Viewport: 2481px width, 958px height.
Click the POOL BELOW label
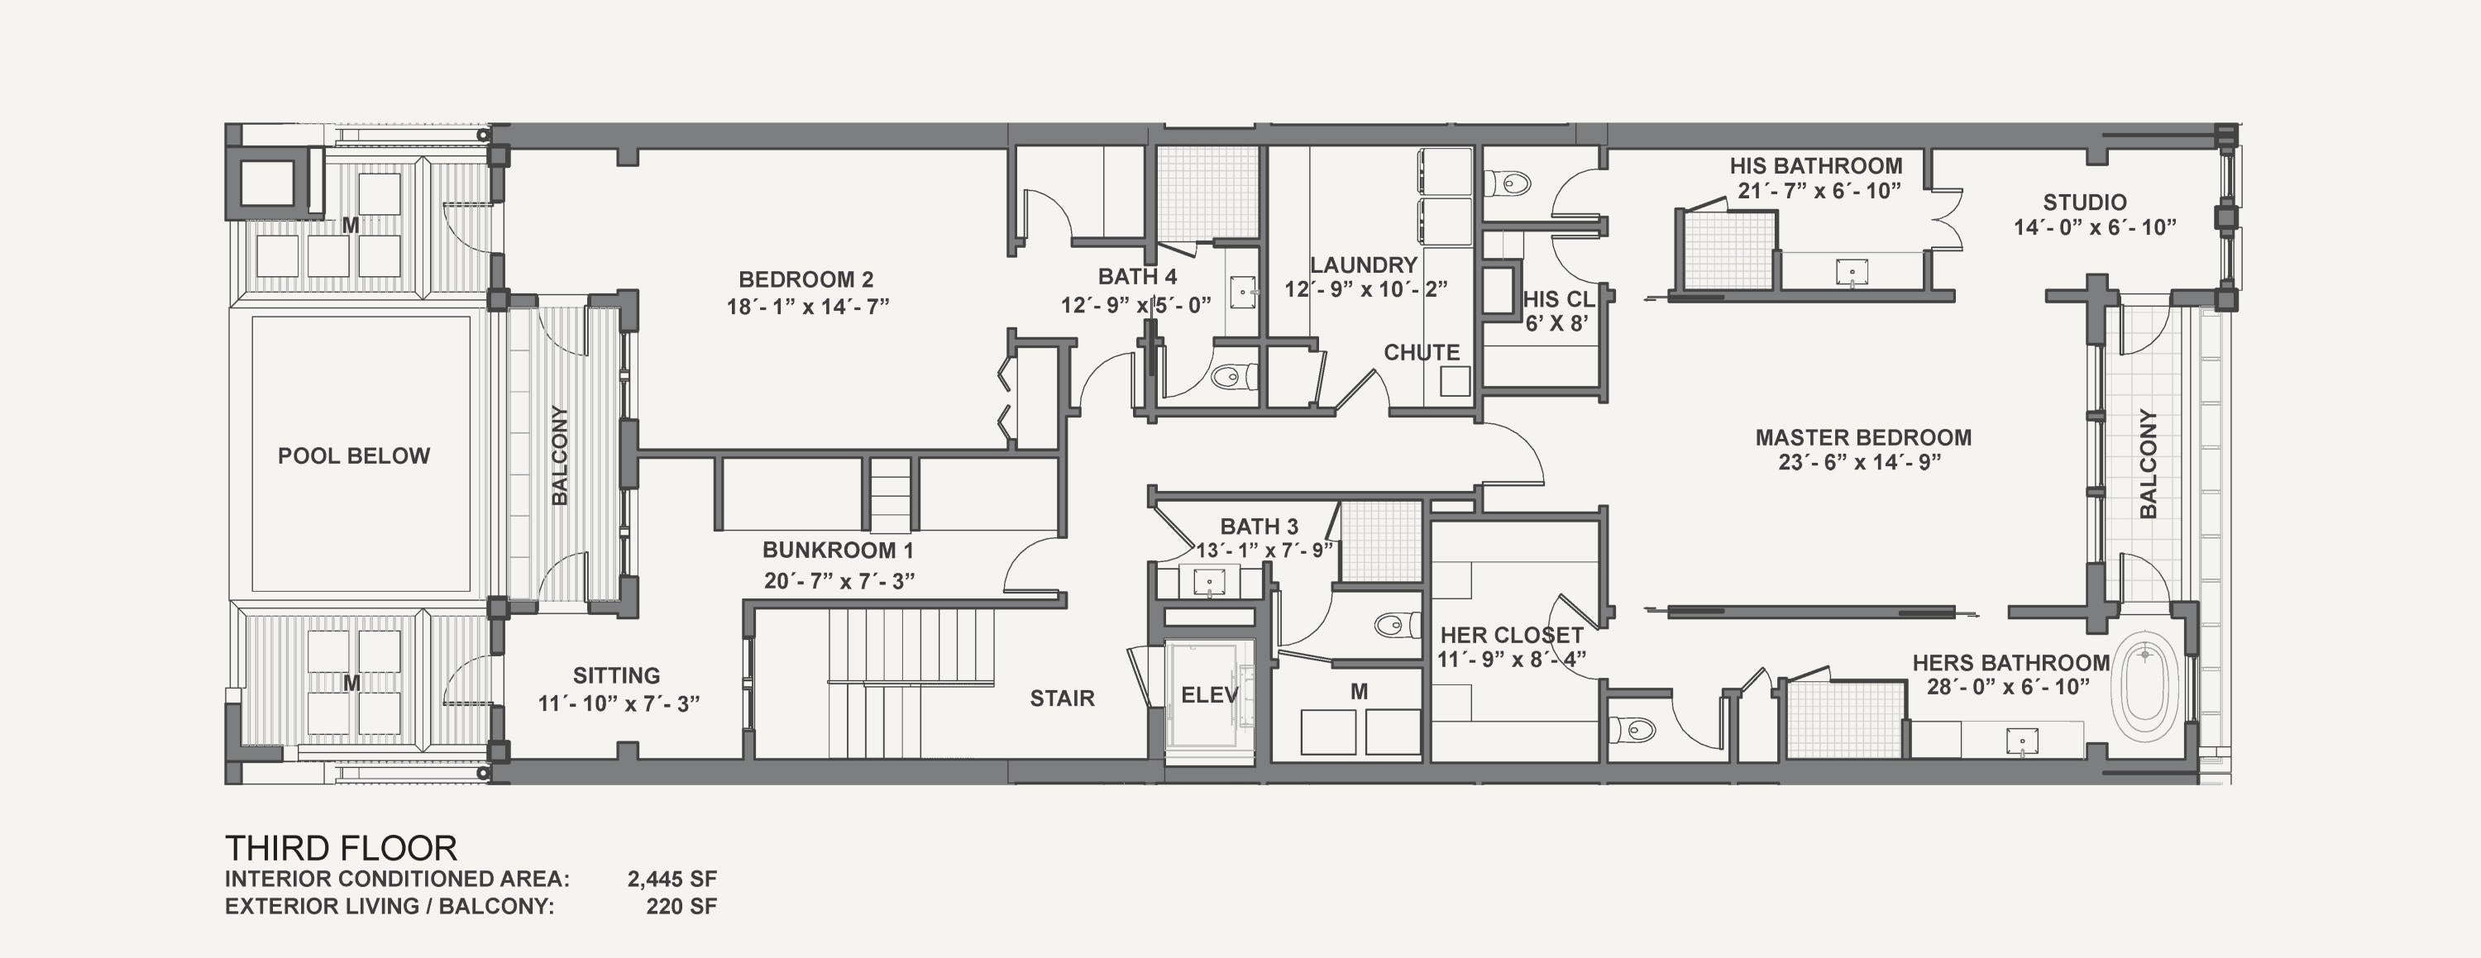[353, 455]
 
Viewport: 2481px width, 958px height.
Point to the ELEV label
[1210, 694]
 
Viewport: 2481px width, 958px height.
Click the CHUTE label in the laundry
[1422, 352]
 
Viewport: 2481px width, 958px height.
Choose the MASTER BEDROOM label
[1862, 437]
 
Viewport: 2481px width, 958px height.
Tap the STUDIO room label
[2085, 203]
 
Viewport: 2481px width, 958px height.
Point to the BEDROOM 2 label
[806, 279]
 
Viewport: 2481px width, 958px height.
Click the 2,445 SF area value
[672, 878]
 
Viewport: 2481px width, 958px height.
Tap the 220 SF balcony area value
[682, 906]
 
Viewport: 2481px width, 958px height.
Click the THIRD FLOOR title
[341, 848]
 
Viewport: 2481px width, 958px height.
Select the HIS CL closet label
[1559, 299]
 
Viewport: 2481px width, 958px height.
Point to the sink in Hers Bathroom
[2021, 741]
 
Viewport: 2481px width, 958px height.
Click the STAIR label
[1063, 698]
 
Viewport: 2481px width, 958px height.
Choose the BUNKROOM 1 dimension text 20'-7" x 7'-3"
[839, 579]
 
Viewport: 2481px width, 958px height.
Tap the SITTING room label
[616, 676]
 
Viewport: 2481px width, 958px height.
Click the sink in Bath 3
[1210, 583]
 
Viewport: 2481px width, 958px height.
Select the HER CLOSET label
[1512, 636]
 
